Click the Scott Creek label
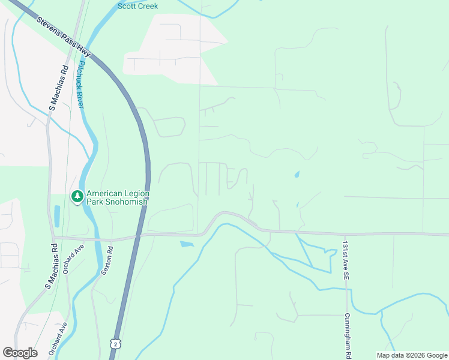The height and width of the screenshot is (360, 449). click(x=137, y=6)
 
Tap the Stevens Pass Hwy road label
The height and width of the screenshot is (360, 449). click(x=63, y=37)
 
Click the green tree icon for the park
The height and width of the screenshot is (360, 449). click(x=77, y=196)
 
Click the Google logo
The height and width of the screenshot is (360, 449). click(x=20, y=353)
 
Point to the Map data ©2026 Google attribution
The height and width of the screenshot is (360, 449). click(x=412, y=355)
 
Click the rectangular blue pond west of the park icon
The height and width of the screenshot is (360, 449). click(x=57, y=215)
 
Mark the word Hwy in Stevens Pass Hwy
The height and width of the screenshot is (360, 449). click(x=82, y=49)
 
